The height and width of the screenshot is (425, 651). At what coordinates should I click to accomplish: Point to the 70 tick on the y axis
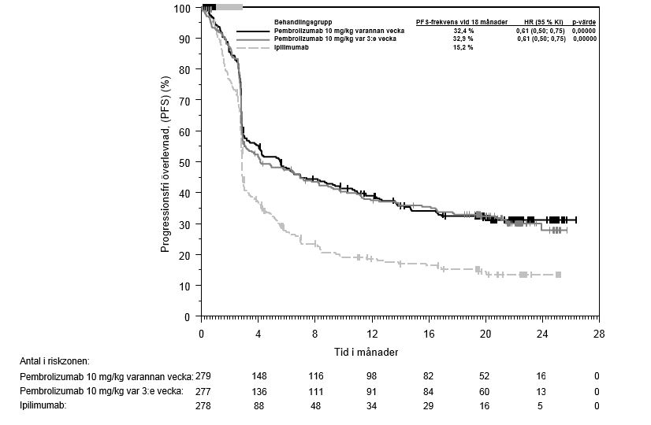coord(186,100)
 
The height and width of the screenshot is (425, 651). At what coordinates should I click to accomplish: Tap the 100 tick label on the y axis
coord(183,8)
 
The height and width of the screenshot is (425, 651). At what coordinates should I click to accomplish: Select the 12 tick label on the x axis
coord(372,334)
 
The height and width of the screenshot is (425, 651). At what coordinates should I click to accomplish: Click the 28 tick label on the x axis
coord(599,334)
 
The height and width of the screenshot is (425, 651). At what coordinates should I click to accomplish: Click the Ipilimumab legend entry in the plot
coord(292,48)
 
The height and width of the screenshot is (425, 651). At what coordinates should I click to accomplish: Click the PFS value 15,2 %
coord(463,48)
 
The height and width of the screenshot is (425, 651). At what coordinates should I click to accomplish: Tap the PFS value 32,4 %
coord(463,30)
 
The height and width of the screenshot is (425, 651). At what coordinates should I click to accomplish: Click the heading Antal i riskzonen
coord(55,360)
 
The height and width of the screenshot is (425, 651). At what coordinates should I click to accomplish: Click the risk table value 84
coord(429,391)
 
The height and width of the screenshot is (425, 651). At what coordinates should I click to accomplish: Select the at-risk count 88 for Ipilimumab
coord(259,406)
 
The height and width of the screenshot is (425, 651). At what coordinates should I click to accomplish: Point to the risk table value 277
coord(203,391)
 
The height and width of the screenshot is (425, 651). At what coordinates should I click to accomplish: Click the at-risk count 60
coord(485,391)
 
